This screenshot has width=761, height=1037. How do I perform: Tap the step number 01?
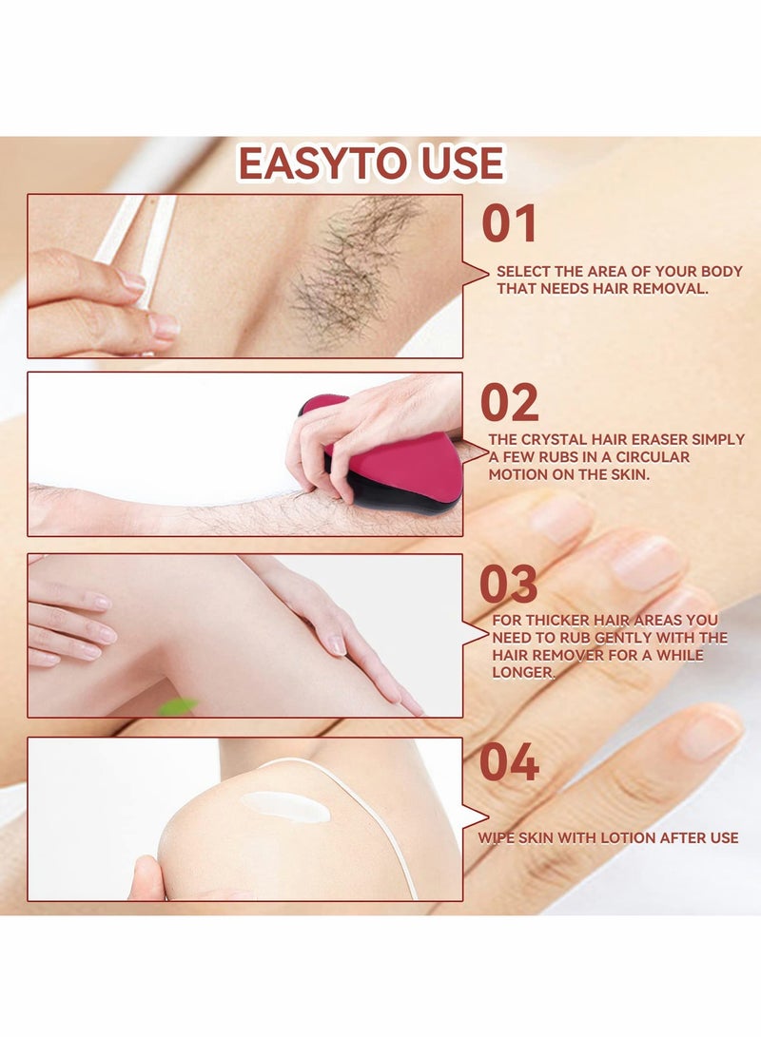[509, 224]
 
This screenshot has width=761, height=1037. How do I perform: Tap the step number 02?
[509, 402]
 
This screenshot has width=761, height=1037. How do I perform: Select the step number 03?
[509, 585]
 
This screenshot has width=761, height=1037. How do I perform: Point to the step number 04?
[509, 762]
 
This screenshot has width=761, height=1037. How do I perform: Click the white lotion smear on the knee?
[286, 806]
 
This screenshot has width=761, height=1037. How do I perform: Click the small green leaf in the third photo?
[178, 706]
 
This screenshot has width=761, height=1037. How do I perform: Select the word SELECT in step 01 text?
[521, 271]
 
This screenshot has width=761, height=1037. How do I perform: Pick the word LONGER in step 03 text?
[522, 672]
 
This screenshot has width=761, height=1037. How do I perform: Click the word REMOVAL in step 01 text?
[674, 288]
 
